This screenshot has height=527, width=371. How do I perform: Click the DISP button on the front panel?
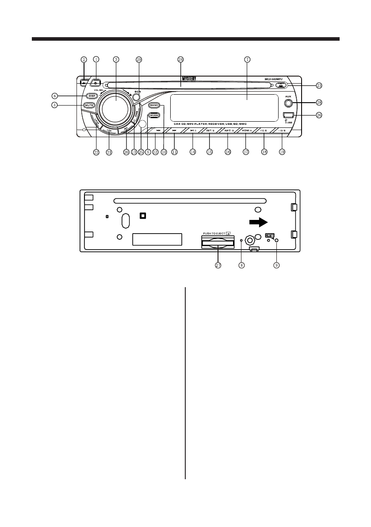(x=92, y=96)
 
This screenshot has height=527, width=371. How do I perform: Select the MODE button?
(x=154, y=115)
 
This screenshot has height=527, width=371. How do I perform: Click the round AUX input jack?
(x=288, y=104)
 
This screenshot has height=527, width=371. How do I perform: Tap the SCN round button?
(x=137, y=98)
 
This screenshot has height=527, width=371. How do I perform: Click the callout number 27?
(x=218, y=265)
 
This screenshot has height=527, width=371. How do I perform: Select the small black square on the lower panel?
(x=143, y=216)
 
